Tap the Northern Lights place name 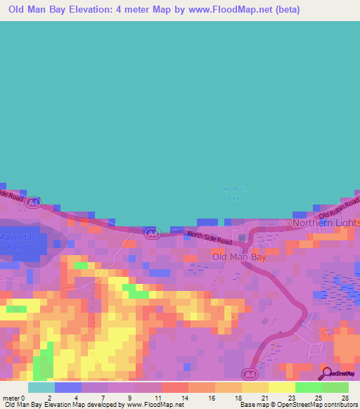pyautogui.click(x=326, y=223)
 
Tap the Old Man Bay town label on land pyautogui.click(x=239, y=257)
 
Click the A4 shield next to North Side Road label pyautogui.click(x=151, y=233)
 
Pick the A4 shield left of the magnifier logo pyautogui.click(x=251, y=373)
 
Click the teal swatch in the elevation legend pyautogui.click(x=41, y=387)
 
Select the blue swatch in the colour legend pyautogui.click(x=67, y=387)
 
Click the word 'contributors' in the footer pyautogui.click(x=342, y=405)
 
